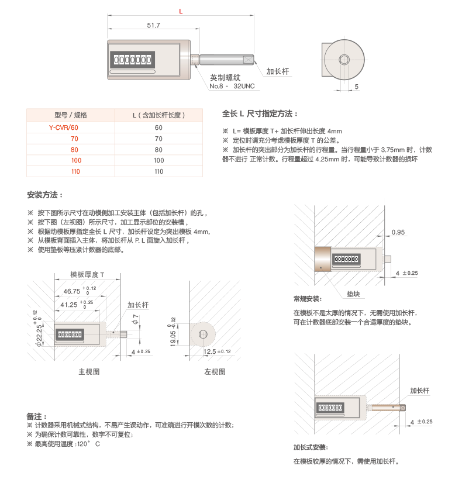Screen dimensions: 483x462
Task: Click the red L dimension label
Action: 181,11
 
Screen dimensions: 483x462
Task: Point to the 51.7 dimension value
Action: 153,25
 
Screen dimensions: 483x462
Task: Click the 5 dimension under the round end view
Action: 357,87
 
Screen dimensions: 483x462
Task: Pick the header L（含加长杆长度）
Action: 158,115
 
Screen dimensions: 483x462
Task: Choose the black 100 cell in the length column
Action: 158,160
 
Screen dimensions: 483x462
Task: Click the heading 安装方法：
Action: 44,195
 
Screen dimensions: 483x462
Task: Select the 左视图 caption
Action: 214,371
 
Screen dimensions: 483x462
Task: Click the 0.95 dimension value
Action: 399,232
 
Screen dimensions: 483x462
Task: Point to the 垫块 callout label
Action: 353,292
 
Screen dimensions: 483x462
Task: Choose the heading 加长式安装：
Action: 310,447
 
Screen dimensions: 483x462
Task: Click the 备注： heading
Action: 36,416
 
